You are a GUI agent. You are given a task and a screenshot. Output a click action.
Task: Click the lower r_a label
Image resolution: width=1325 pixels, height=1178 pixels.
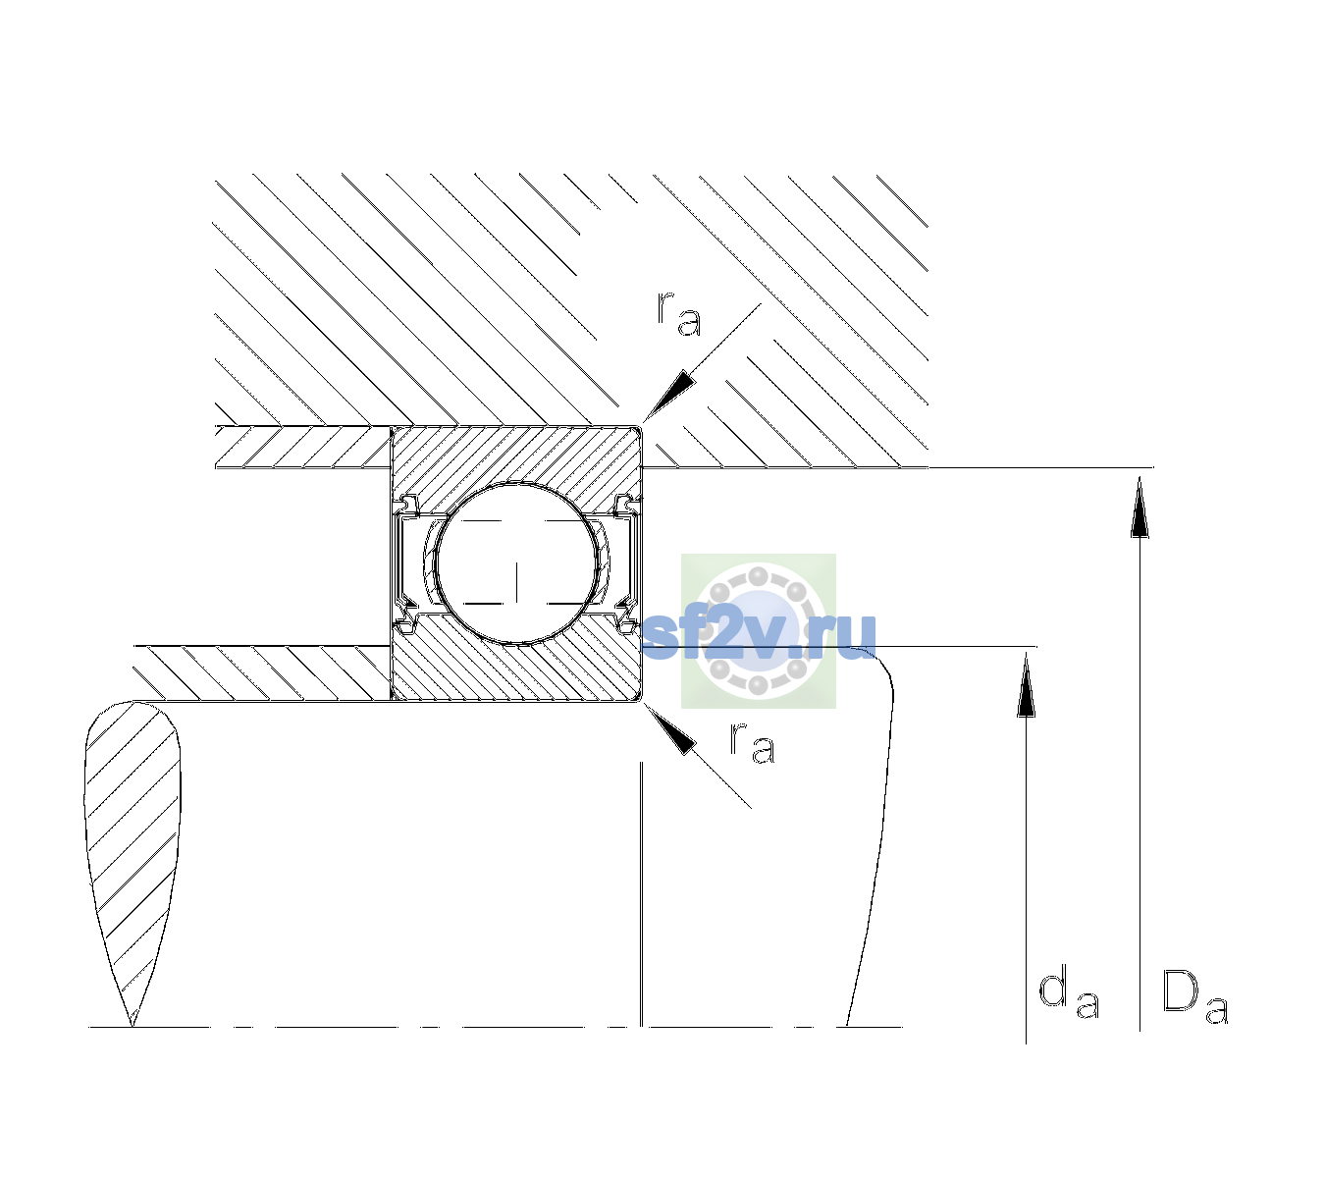pyautogui.click(x=752, y=743)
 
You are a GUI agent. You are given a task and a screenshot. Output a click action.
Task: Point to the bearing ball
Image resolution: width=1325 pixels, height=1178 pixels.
pyautogui.click(x=516, y=563)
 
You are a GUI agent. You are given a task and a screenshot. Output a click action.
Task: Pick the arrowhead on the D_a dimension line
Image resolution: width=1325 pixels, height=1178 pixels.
pyautogui.click(x=1139, y=507)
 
